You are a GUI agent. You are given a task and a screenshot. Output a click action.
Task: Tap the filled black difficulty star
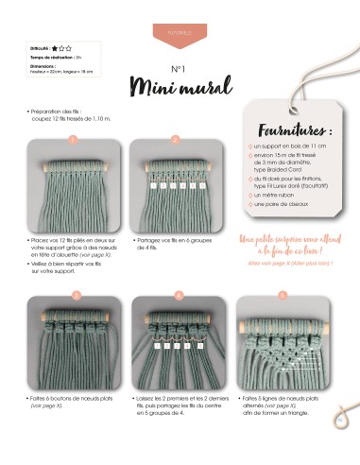(x=56, y=46)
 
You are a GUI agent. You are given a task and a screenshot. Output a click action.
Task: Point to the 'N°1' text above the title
(x=179, y=69)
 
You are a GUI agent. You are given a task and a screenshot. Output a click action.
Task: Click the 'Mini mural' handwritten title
(x=179, y=89)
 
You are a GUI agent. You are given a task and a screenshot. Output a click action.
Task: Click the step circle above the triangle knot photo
(x=281, y=294)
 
